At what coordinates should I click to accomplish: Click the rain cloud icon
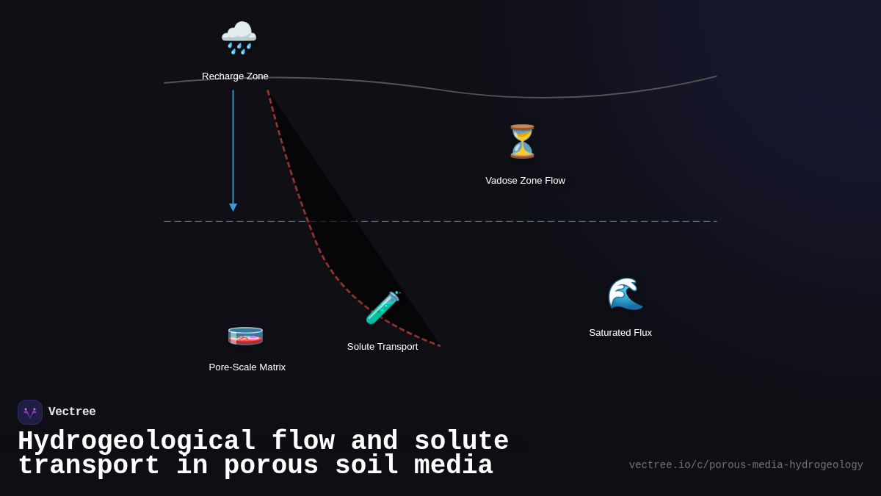(x=239, y=37)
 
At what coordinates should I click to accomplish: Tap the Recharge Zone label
(x=235, y=76)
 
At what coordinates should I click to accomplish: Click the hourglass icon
(x=522, y=141)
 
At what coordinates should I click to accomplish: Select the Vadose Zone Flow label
(x=525, y=181)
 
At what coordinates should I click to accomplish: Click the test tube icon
(x=383, y=308)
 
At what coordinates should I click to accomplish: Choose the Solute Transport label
(x=383, y=347)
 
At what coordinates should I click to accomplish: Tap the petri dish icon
(x=245, y=336)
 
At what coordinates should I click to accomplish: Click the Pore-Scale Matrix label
(x=247, y=367)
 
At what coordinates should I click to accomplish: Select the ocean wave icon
(x=625, y=294)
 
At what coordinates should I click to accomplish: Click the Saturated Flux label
(x=620, y=333)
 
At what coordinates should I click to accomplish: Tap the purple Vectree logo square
(x=30, y=412)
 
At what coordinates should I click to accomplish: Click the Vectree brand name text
(x=72, y=412)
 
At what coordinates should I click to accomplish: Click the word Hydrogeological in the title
(x=137, y=442)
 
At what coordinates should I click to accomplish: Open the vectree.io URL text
(x=745, y=465)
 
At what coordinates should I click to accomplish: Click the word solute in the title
(x=461, y=442)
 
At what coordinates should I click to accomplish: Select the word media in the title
(x=453, y=466)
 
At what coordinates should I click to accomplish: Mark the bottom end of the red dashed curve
(x=440, y=346)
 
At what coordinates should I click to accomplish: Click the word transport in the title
(x=89, y=466)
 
